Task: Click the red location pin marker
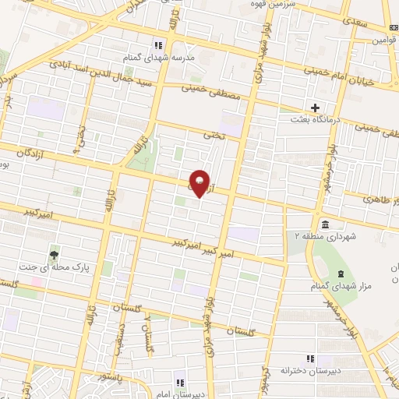200,184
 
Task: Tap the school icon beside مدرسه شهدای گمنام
159,44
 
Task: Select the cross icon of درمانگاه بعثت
315,107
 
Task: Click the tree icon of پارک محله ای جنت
54,253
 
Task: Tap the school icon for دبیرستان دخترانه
311,358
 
